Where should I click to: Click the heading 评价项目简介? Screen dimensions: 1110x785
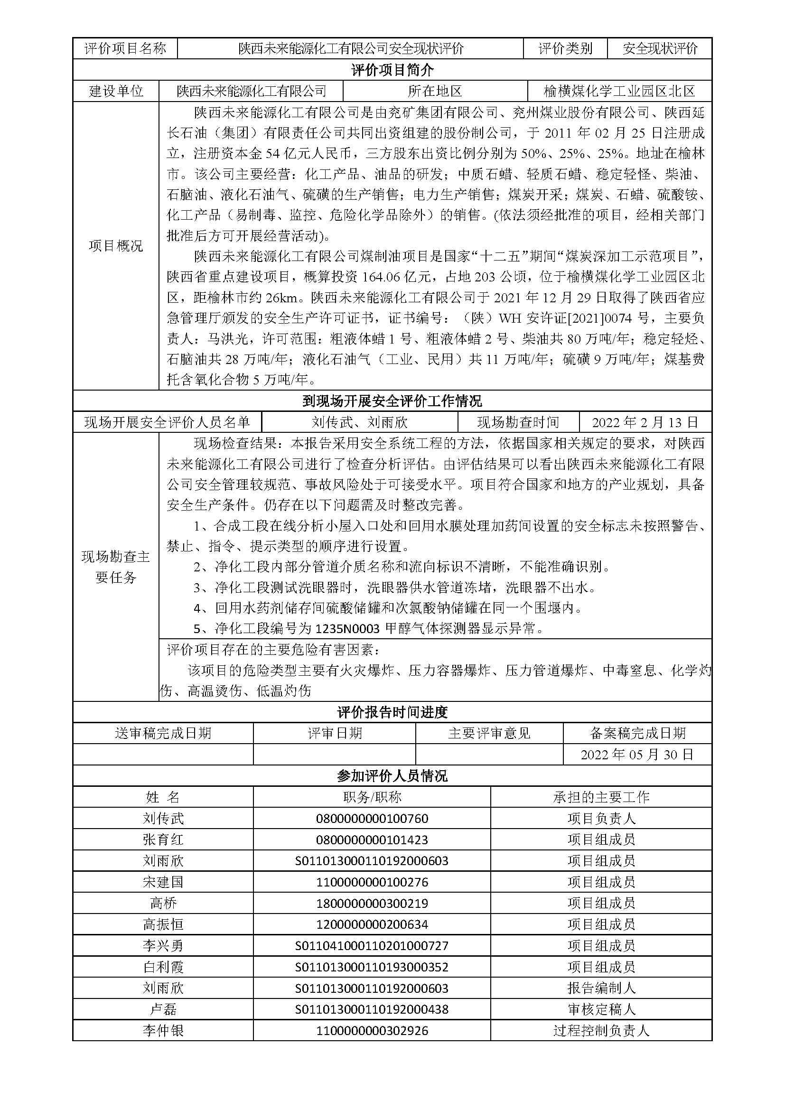(x=392, y=70)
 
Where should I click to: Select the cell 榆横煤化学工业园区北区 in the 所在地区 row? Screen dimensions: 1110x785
(x=619, y=91)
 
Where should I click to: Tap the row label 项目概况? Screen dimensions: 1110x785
(x=115, y=246)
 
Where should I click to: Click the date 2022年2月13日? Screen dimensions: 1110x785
(x=645, y=422)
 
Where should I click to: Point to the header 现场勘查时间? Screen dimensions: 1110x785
(x=518, y=422)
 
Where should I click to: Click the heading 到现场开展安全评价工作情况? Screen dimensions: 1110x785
(x=392, y=401)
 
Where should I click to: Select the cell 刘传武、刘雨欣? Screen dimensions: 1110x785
(x=360, y=422)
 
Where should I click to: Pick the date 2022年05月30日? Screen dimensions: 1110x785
(x=637, y=755)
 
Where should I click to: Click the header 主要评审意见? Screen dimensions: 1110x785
(x=489, y=733)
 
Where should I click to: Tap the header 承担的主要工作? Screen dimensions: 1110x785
(x=601, y=797)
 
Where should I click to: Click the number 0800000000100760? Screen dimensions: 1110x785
(x=372, y=819)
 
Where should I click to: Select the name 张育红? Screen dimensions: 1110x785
(x=163, y=840)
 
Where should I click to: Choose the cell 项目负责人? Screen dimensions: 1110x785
(x=601, y=819)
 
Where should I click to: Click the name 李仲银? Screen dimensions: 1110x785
(x=163, y=1031)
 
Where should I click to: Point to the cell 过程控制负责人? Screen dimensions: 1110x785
(x=601, y=1031)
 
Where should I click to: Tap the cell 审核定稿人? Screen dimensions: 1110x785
(x=601, y=1009)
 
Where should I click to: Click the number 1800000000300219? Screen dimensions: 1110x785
(x=372, y=903)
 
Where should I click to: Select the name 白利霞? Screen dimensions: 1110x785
(x=163, y=967)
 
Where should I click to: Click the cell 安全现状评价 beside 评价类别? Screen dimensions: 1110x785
(x=660, y=48)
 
